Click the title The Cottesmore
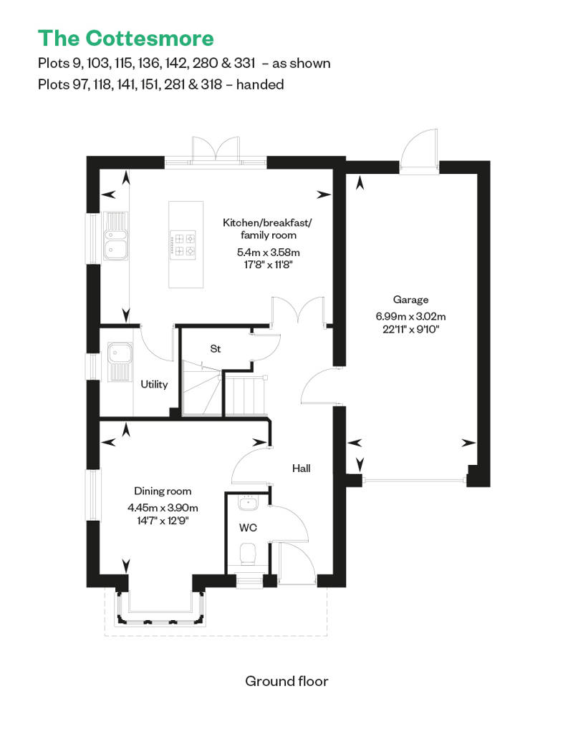(x=125, y=38)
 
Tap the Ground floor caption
(x=286, y=680)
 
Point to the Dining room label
(x=163, y=491)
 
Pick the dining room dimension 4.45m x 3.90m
(x=163, y=507)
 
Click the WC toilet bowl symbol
(x=248, y=554)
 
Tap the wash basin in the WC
(x=248, y=503)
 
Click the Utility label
(x=154, y=384)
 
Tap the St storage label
(x=215, y=349)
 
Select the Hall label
(x=301, y=468)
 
